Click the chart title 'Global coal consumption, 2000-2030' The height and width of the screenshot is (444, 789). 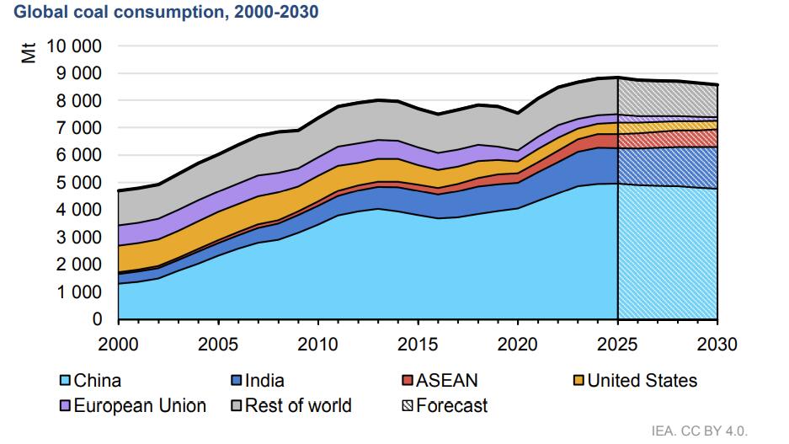coord(166,14)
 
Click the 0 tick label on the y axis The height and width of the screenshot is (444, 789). coord(97,319)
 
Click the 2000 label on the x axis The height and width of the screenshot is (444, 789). coord(119,345)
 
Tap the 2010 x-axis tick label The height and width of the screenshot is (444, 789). coord(318,345)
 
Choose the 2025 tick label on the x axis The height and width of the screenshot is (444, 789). coord(618,345)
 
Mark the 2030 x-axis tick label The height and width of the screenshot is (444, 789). coord(717,345)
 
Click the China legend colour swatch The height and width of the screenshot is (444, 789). coord(65,381)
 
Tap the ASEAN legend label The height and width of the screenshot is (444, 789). coord(446,381)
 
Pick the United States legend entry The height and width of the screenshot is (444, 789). coord(642,381)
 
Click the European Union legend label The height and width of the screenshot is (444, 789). coord(139,406)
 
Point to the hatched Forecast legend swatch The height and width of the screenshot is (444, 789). coord(408,406)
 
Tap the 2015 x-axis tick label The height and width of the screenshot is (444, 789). coord(418,345)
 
